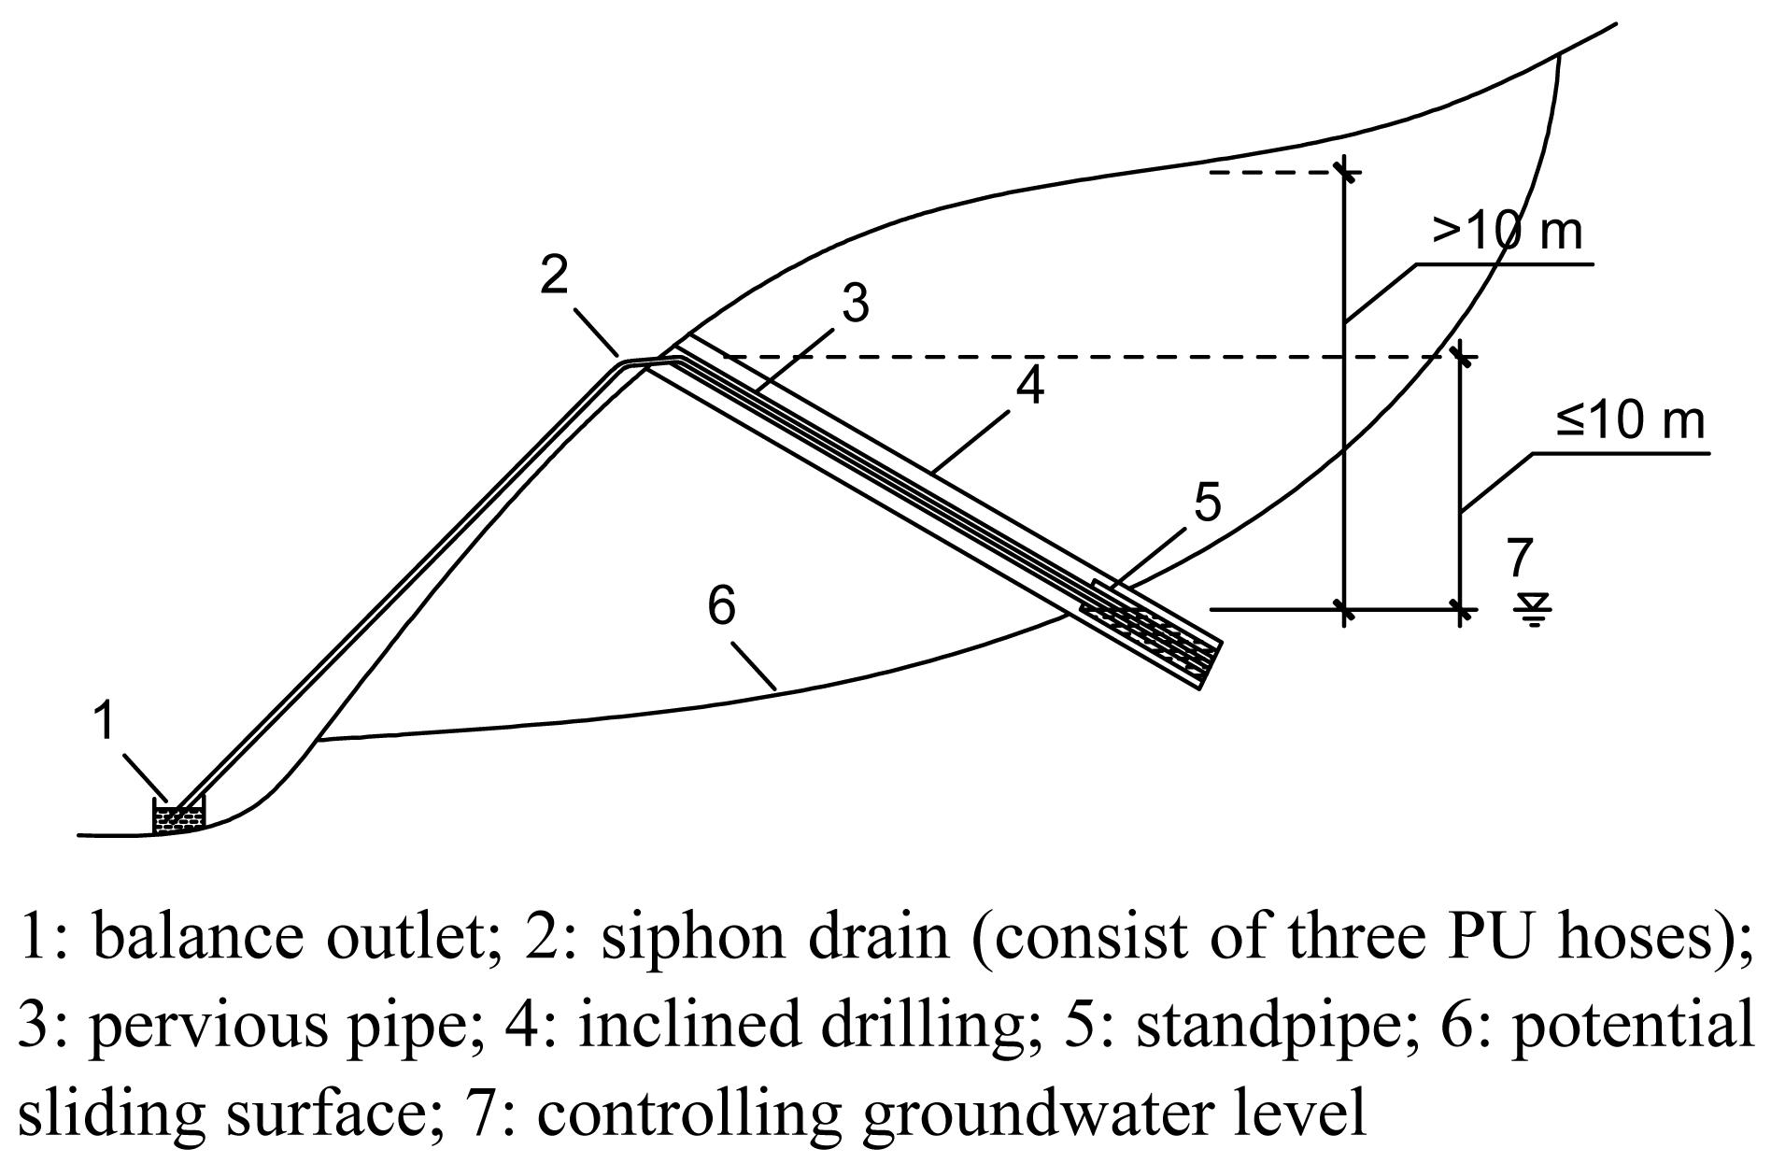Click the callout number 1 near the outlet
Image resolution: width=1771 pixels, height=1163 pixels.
(x=106, y=721)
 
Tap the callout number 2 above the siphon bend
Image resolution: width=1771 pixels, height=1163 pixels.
(x=554, y=275)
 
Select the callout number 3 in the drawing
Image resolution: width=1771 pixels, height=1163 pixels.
(x=855, y=304)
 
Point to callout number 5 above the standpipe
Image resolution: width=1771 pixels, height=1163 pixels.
(x=1207, y=503)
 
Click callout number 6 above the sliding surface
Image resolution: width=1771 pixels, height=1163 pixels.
(x=722, y=605)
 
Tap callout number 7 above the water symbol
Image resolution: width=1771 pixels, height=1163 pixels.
(x=1520, y=558)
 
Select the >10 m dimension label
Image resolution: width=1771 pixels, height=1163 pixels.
(x=1507, y=231)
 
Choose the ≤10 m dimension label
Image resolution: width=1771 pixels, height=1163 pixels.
(x=1630, y=420)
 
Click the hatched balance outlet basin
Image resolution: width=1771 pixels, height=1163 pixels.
(x=177, y=817)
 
